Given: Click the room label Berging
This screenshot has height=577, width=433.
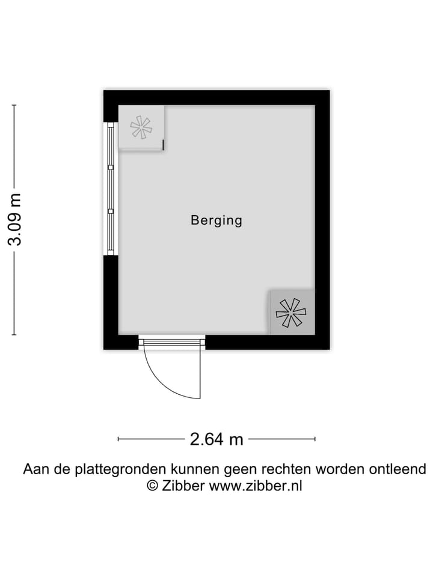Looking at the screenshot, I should coord(216,220).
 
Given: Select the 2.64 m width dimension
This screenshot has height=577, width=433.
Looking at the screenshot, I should coord(216,439).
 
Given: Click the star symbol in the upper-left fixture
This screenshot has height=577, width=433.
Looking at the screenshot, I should coord(141,127).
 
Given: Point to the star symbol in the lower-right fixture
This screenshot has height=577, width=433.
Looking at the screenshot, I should coord(291,313).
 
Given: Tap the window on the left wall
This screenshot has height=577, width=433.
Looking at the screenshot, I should coord(111,188).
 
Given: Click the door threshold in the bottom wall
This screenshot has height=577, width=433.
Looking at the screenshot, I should coord(172,342).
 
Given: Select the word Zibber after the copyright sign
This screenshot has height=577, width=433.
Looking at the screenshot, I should coord(183,486).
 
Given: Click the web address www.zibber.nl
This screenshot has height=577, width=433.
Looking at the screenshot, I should coord(255,486).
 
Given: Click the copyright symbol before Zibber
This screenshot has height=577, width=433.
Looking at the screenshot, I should coord(153,486).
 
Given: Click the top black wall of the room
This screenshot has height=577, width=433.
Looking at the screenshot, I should coord(216,97).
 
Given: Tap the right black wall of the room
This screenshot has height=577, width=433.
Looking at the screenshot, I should coord(322,220).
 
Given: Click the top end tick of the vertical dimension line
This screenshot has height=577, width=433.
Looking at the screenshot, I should coord(14,105).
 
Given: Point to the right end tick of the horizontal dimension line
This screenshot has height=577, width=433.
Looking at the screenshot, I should coord(315,439).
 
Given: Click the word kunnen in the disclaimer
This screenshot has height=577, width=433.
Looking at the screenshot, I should coord(194,469).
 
